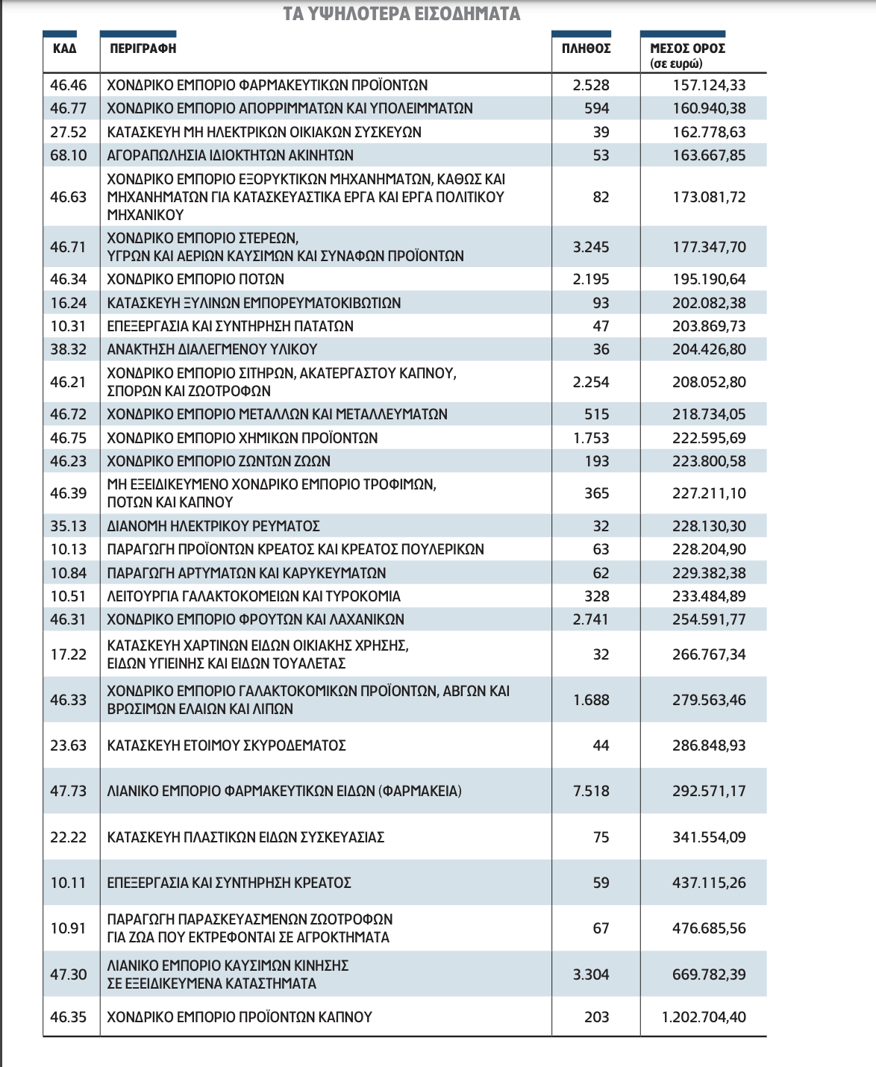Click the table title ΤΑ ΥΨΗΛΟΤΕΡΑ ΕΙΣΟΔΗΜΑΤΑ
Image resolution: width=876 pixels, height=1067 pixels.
[401, 14]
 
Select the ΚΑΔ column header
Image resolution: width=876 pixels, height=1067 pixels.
[64, 48]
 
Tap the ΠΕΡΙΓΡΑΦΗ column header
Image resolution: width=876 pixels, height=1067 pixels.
[143, 48]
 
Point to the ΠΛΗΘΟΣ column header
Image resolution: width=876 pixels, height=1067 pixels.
[586, 48]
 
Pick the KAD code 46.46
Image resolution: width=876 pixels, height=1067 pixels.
[69, 85]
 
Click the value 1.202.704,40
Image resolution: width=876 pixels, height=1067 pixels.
[704, 1017]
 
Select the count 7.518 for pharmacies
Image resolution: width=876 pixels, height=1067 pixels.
[591, 791]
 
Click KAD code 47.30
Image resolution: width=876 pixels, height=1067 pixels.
[69, 974]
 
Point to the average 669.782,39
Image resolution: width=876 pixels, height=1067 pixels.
[709, 974]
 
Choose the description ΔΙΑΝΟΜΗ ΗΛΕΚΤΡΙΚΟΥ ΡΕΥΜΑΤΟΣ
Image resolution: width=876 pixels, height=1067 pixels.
[213, 526]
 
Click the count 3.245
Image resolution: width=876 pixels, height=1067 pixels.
[591, 247]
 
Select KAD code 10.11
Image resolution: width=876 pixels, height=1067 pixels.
[69, 883]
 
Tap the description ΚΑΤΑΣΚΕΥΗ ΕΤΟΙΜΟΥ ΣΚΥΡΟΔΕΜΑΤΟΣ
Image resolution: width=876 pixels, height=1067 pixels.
[227, 745]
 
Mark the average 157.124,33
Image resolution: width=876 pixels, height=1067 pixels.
[709, 85]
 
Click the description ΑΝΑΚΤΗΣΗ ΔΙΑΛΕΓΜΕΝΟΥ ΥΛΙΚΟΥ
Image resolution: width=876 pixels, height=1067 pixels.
[213, 349]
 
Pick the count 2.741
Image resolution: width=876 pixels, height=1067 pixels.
[591, 619]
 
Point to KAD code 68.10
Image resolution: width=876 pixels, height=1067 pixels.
[69, 155]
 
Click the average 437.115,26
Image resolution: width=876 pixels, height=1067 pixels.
[709, 883]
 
